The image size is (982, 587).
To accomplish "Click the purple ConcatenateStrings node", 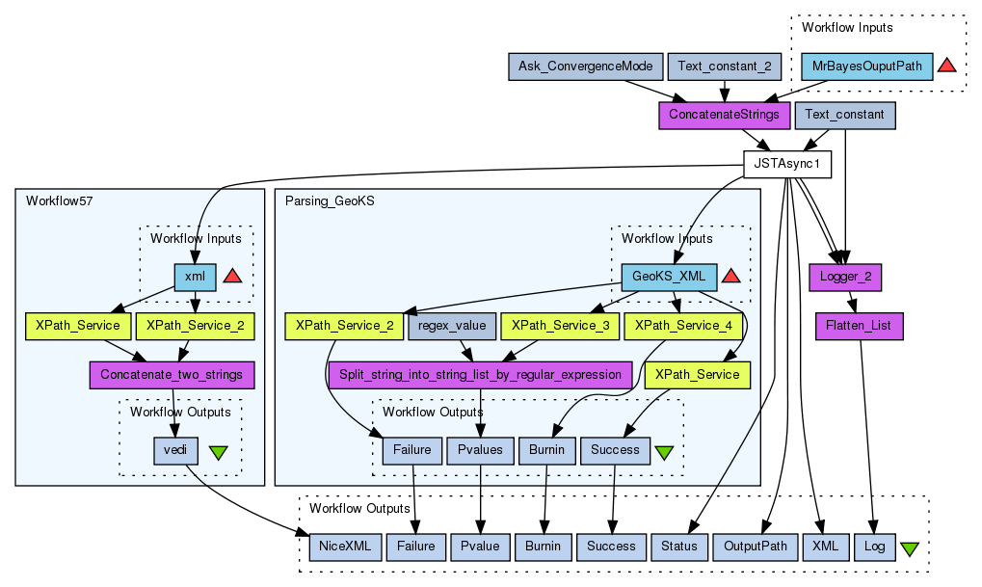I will click(724, 115).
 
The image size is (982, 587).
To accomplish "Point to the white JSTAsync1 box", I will click(786, 165).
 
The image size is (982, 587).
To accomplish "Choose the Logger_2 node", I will click(845, 277).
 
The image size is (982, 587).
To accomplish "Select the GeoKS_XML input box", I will click(669, 277).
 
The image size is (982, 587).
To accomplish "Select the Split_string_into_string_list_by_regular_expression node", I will click(480, 374).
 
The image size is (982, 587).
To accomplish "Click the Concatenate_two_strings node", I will click(172, 374).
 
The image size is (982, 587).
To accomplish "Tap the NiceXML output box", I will click(344, 547).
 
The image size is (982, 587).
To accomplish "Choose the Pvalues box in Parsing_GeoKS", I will click(480, 449).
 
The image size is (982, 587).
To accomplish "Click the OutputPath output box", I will click(756, 547).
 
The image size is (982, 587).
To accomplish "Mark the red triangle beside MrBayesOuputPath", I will click(946, 66).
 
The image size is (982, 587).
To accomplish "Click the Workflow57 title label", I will click(59, 200).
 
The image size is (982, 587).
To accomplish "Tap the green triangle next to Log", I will click(908, 548).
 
